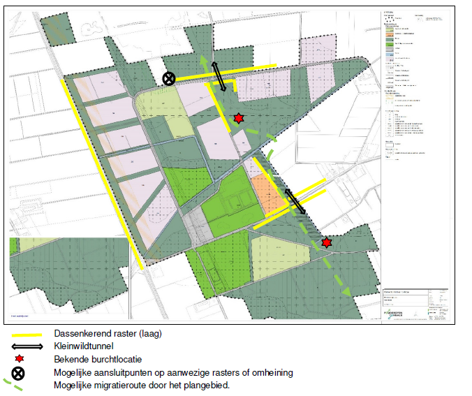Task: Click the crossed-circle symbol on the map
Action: (x=169, y=78)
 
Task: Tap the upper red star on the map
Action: (x=239, y=118)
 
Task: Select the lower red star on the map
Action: (x=327, y=242)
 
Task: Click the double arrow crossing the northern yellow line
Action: (x=219, y=76)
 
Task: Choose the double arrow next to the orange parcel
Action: (x=294, y=201)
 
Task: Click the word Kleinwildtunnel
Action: (x=81, y=346)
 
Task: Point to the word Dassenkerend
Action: (x=78, y=334)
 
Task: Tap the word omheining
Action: (x=270, y=372)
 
